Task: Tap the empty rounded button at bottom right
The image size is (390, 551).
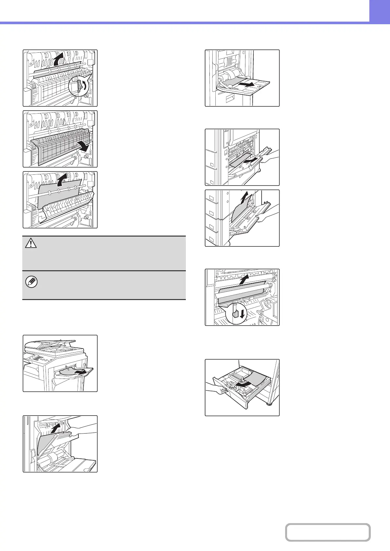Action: [x=328, y=532]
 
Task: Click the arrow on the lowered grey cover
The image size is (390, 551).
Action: [x=85, y=147]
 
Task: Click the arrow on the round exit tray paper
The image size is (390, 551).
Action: [x=81, y=372]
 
